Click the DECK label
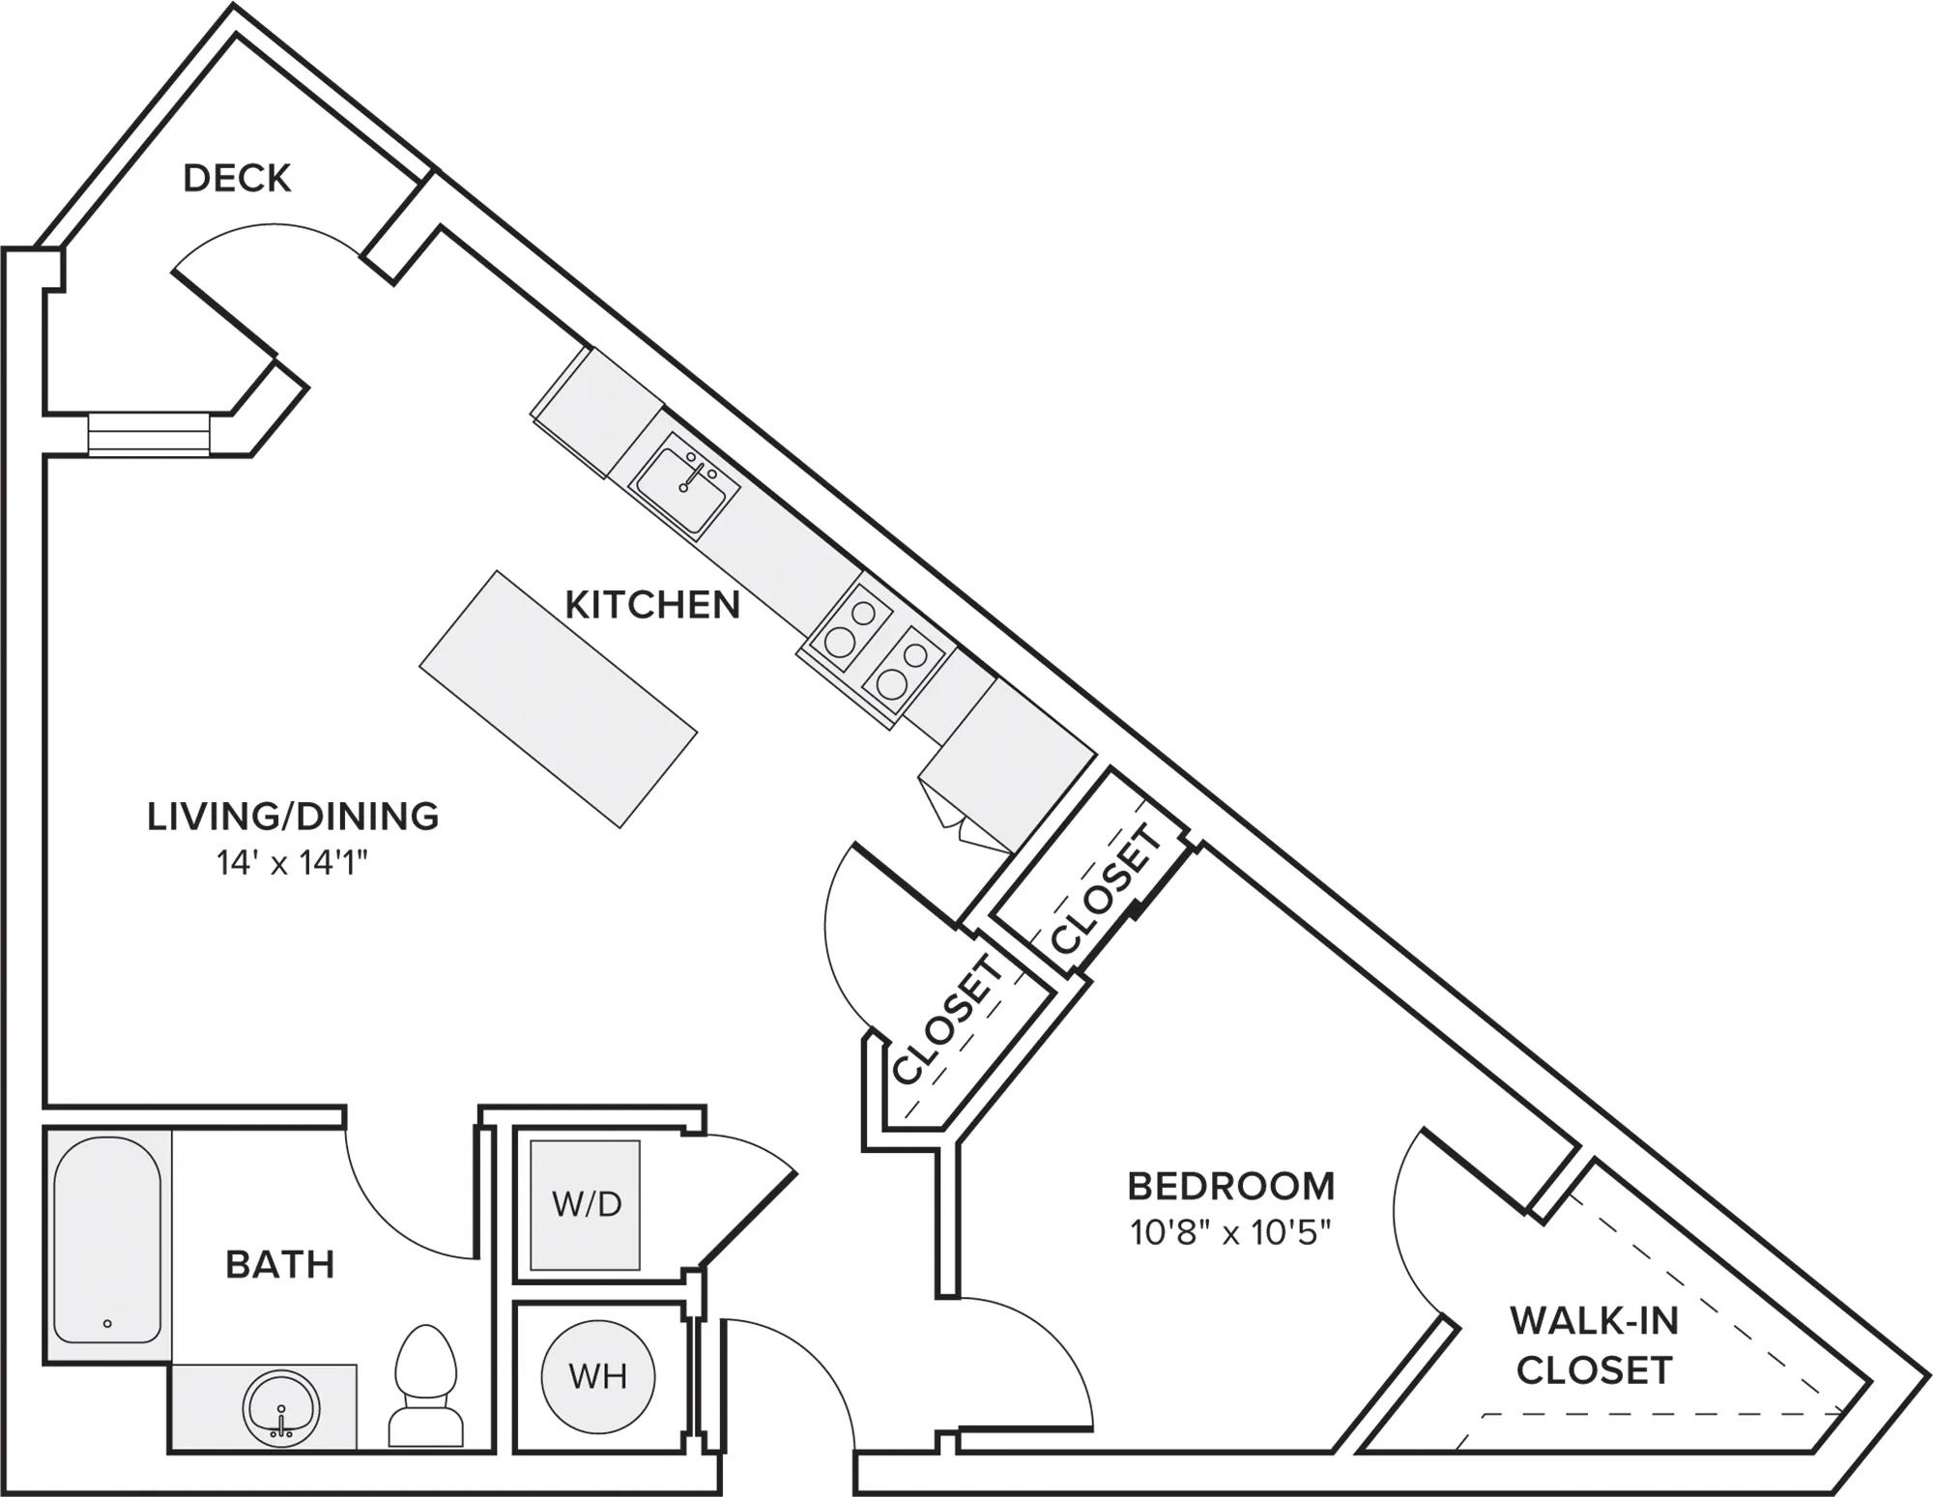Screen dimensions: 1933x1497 pyautogui.click(x=237, y=179)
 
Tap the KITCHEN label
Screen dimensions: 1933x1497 pyautogui.click(x=652, y=605)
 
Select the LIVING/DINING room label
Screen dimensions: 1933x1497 pyautogui.click(x=293, y=817)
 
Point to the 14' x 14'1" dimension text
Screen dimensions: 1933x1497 pyautogui.click(x=293, y=863)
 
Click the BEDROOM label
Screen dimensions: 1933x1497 pyautogui.click(x=1231, y=1186)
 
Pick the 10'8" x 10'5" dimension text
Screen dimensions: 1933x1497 pyautogui.click(x=1231, y=1232)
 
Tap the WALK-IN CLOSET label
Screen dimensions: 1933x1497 pyautogui.click(x=1594, y=1344)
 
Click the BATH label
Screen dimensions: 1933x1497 pyautogui.click(x=280, y=1264)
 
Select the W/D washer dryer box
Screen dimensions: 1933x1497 pyautogui.click(x=586, y=1205)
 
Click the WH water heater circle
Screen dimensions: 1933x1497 pyautogui.click(x=598, y=1376)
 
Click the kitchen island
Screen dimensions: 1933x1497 pyautogui.click(x=558, y=699)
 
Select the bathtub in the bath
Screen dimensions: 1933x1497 pyautogui.click(x=107, y=1239)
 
